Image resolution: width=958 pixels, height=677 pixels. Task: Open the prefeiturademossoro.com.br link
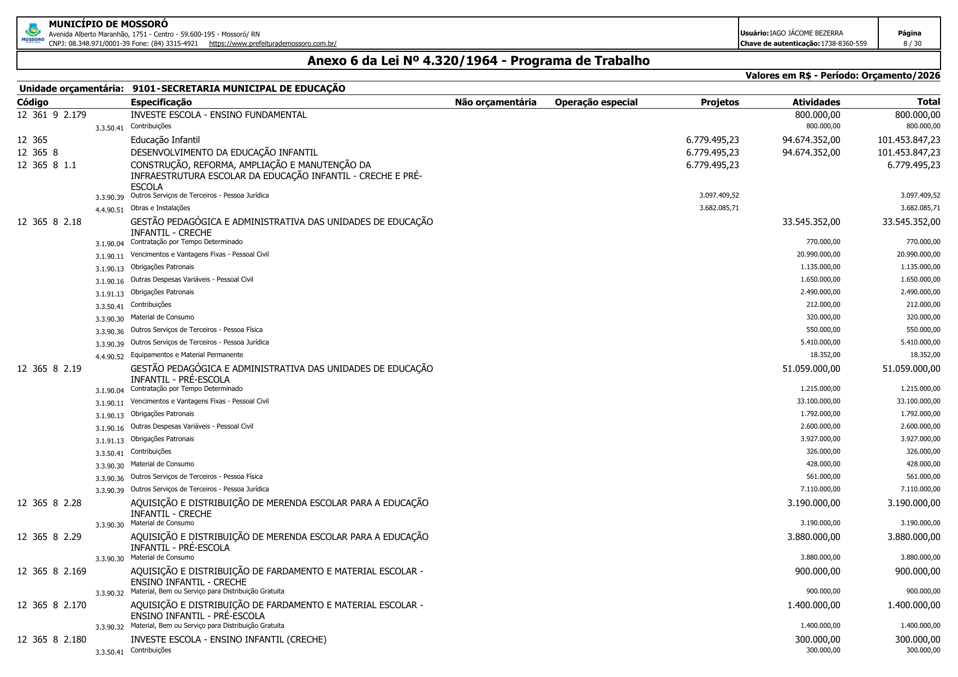pos(272,44)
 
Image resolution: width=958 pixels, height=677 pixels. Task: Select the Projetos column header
pos(719,102)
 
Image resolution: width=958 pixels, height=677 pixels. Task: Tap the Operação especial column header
pos(596,102)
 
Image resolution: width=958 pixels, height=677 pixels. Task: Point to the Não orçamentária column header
pos(496,102)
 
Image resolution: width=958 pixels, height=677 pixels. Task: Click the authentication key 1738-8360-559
pos(843,44)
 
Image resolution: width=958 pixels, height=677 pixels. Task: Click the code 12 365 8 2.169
pos(52,571)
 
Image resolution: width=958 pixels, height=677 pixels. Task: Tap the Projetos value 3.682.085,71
pos(719,208)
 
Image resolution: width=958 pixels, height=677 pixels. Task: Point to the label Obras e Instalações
pos(160,208)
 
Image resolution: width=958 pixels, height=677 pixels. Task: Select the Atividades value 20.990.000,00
pos(818,254)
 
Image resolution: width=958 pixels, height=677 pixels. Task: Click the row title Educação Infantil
pos(165,140)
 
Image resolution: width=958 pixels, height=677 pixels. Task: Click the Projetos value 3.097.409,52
pos(719,195)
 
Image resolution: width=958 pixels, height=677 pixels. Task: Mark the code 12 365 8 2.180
pos(52,639)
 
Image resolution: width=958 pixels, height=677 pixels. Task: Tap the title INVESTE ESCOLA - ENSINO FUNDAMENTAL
pos(218,115)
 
